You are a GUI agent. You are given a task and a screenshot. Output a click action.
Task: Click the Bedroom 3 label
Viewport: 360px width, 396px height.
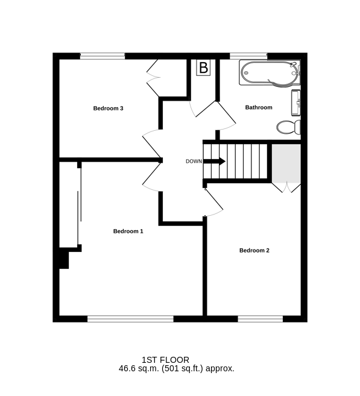(108, 108)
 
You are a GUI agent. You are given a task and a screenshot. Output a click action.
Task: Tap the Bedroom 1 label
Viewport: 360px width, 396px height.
(128, 231)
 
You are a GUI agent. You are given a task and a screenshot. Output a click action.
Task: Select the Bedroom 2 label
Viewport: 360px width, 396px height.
(254, 251)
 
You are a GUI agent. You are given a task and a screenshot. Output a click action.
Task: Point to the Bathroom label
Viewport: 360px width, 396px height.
(259, 107)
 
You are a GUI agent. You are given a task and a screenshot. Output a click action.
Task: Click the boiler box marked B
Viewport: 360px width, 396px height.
(204, 68)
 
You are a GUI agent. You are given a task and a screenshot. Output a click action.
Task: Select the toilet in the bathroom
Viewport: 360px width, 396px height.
(289, 127)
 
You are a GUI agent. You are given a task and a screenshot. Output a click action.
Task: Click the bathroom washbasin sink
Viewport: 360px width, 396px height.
(296, 103)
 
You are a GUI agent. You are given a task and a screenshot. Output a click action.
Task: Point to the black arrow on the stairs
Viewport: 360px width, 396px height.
(214, 161)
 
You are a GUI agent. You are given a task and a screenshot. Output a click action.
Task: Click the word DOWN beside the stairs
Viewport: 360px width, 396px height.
(194, 162)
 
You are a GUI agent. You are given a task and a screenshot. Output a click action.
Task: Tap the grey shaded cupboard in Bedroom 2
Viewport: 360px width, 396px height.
(286, 163)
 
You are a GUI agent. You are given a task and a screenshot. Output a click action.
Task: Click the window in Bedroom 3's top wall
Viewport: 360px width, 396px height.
(103, 56)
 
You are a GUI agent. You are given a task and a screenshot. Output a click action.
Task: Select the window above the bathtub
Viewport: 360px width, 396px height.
(248, 56)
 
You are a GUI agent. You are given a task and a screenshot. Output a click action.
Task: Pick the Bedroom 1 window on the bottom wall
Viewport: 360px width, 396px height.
(130, 319)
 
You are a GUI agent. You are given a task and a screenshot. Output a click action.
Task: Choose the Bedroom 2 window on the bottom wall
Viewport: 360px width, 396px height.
(261, 319)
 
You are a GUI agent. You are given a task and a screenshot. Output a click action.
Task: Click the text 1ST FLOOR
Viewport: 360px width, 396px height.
(165, 360)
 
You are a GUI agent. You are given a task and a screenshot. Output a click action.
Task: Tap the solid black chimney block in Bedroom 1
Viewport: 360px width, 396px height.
(64, 258)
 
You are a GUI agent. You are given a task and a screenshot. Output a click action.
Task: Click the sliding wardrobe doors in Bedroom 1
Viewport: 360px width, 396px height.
(80, 206)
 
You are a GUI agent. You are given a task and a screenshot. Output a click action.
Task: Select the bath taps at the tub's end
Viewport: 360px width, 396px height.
(296, 69)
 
